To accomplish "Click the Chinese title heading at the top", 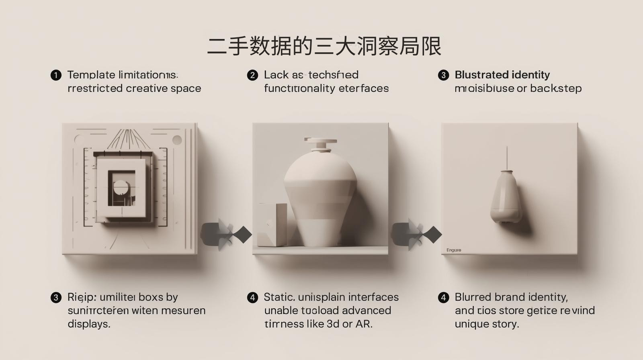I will tap(324, 46).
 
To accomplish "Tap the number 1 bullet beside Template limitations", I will tap(56, 75).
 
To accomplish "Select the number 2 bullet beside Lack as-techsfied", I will tap(252, 75).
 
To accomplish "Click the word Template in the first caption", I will tap(91, 75).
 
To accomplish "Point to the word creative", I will tap(147, 88).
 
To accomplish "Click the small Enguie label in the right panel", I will tap(454, 250).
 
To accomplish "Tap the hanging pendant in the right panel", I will tap(506, 197).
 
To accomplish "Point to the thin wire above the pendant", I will tap(507, 158).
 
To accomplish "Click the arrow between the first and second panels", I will tap(226, 234).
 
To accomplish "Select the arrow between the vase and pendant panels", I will tap(416, 234).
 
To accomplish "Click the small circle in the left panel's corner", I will tap(177, 140).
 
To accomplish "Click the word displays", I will tap(89, 324).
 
